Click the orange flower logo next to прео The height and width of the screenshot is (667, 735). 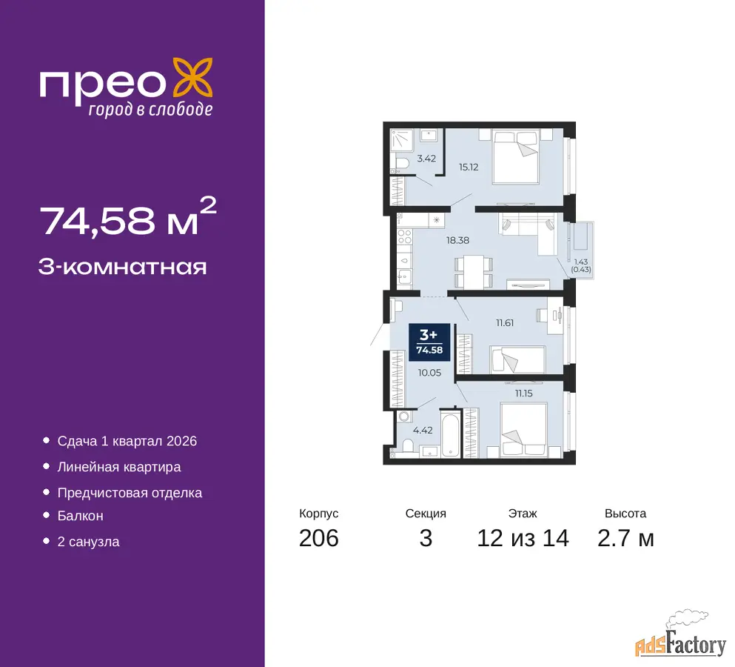(x=192, y=78)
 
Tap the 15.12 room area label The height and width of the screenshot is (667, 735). (x=469, y=167)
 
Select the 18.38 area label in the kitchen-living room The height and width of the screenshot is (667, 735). (x=457, y=240)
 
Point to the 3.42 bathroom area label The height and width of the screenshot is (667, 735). (x=426, y=159)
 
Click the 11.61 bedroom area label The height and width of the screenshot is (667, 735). (x=505, y=323)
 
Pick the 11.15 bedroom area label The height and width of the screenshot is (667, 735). (x=523, y=394)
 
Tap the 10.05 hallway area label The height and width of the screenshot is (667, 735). (x=429, y=373)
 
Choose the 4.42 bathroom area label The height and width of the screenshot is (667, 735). (x=423, y=430)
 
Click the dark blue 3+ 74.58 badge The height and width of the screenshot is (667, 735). (x=429, y=342)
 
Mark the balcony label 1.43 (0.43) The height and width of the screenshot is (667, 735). (x=581, y=265)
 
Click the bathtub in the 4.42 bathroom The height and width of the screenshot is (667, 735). (x=451, y=434)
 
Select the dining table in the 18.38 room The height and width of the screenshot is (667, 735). (x=474, y=272)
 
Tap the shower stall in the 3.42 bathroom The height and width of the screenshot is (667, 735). (x=402, y=140)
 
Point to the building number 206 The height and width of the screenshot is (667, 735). (x=319, y=538)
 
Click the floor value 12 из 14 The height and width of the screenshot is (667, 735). (x=523, y=538)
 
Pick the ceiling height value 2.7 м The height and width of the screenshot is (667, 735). (x=625, y=538)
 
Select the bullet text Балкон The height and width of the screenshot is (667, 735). (x=80, y=516)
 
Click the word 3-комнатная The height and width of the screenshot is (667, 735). (x=122, y=267)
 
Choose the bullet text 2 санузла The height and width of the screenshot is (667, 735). (x=88, y=542)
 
